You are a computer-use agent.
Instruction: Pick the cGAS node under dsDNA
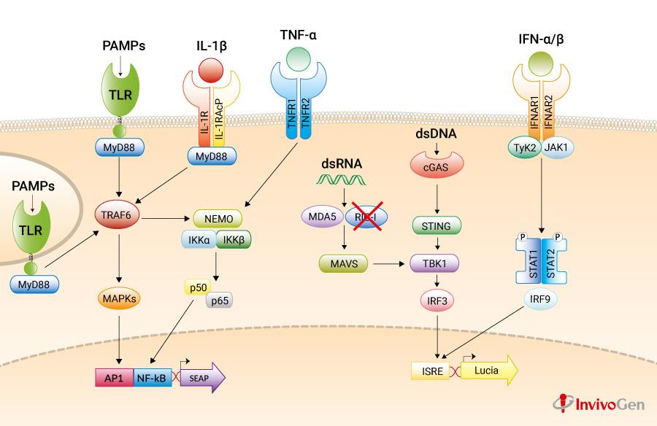click(437, 167)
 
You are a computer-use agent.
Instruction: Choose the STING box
click(437, 227)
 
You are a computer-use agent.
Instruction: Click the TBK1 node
click(437, 263)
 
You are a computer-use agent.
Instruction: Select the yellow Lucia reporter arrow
click(489, 371)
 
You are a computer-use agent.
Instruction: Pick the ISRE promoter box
click(432, 372)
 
